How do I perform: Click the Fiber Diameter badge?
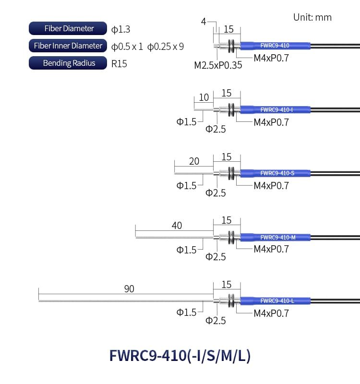click(68, 28)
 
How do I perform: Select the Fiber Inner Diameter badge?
click(68, 46)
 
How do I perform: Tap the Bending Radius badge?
click(68, 63)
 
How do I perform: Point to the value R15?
click(119, 64)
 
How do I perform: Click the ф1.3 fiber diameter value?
click(121, 29)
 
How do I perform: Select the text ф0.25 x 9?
click(166, 47)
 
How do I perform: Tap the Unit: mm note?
click(312, 17)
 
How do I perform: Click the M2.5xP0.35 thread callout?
click(218, 65)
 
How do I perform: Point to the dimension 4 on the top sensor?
click(204, 22)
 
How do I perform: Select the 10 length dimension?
click(204, 97)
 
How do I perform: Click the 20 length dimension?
click(194, 161)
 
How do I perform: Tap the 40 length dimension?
click(177, 226)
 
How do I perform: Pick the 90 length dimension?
click(129, 289)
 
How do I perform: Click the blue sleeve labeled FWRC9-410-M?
click(275, 237)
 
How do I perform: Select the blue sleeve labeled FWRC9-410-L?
click(275, 301)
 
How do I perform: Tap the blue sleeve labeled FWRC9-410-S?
click(275, 173)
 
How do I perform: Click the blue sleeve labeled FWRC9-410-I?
click(275, 110)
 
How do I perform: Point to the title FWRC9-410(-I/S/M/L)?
click(180, 356)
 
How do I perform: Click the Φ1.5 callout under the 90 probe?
click(186, 312)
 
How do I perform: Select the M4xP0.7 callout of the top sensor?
click(271, 58)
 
